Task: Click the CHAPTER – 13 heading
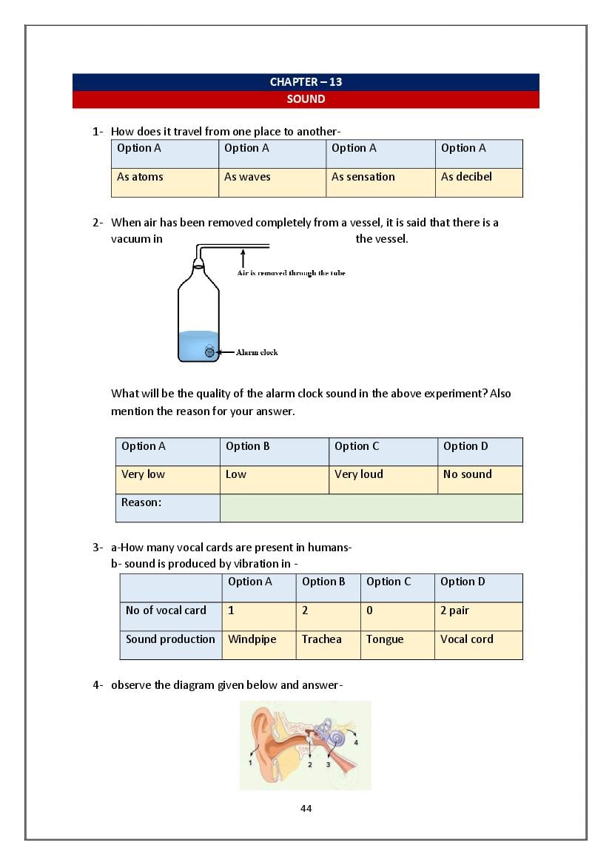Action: [306, 82]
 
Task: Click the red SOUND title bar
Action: [306, 99]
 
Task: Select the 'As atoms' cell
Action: [164, 182]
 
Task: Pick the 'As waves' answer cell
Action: [272, 182]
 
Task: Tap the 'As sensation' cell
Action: [380, 182]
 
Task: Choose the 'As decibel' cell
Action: [478, 182]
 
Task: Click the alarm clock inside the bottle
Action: [209, 352]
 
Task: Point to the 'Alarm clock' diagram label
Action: [257, 353]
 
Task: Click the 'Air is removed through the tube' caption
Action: [291, 273]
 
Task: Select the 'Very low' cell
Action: [167, 479]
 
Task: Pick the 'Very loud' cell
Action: [383, 479]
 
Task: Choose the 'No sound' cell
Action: [480, 479]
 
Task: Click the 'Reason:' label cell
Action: [167, 508]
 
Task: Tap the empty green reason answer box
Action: [371, 508]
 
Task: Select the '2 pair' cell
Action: [478, 616]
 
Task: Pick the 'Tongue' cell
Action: [397, 644]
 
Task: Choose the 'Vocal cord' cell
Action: [478, 644]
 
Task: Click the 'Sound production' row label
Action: [170, 644]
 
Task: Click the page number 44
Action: [306, 808]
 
